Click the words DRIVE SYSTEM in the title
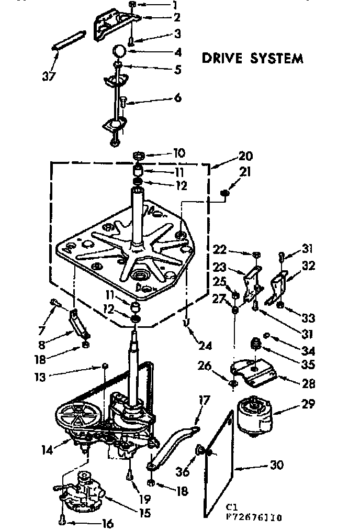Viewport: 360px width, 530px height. [253, 58]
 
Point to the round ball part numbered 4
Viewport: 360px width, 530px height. [120, 51]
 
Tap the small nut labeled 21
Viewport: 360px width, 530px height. [225, 194]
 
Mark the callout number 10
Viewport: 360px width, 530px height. [178, 153]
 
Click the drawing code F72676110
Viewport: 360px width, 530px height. [255, 518]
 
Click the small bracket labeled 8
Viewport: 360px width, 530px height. [79, 325]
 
